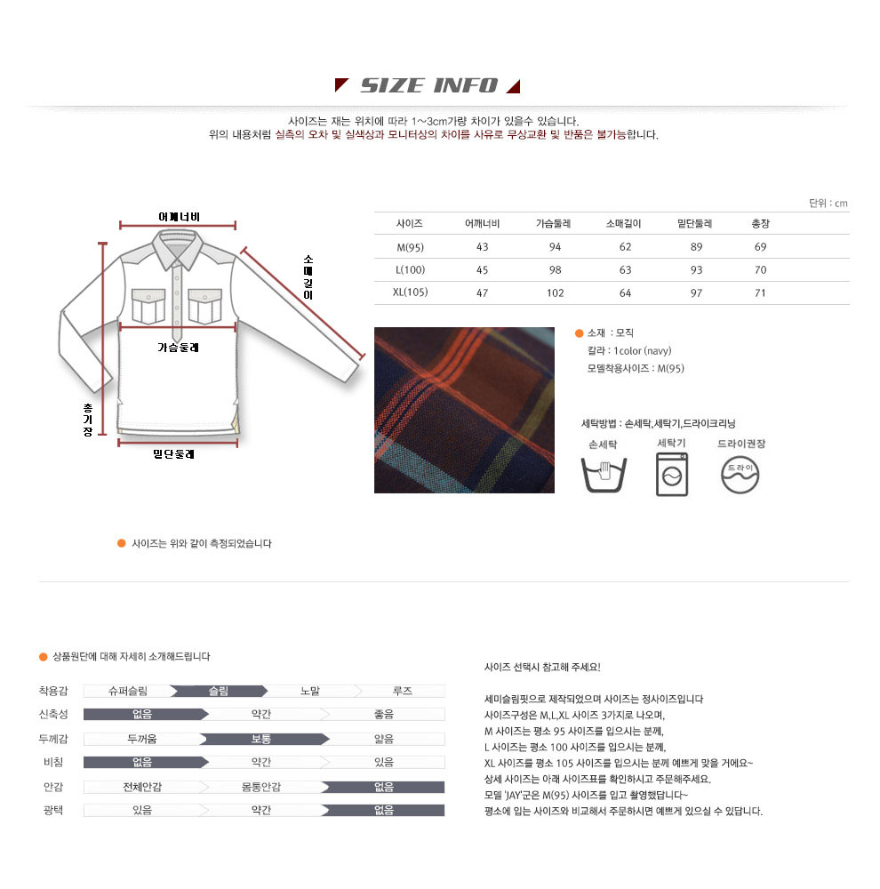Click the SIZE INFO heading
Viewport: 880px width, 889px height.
click(x=429, y=85)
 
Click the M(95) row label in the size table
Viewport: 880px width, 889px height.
click(x=410, y=247)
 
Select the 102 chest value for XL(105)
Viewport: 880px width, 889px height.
click(x=555, y=293)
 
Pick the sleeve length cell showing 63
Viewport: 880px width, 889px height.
click(x=625, y=270)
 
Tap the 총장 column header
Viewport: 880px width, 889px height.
click(x=760, y=223)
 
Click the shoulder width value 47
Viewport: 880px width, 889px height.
click(x=482, y=293)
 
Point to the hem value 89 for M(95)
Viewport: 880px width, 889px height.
click(x=696, y=246)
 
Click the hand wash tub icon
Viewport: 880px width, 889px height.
click(x=604, y=474)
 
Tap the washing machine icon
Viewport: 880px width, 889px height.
click(x=672, y=475)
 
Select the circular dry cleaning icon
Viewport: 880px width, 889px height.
click(x=740, y=475)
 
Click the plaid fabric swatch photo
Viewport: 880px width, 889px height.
click(x=464, y=410)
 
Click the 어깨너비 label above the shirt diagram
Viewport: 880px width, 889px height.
click(x=180, y=217)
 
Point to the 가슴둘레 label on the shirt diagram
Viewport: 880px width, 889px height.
click(x=178, y=347)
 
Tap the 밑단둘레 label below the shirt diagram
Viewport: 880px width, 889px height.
click(x=173, y=453)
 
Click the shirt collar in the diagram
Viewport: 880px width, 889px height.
click(x=178, y=248)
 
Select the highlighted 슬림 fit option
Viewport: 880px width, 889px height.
click(x=219, y=691)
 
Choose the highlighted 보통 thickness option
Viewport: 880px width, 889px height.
click(x=261, y=739)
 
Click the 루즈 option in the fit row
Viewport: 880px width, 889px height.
click(x=403, y=691)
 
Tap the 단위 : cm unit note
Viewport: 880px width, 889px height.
click(x=828, y=203)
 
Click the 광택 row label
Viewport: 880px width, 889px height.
click(x=53, y=810)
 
